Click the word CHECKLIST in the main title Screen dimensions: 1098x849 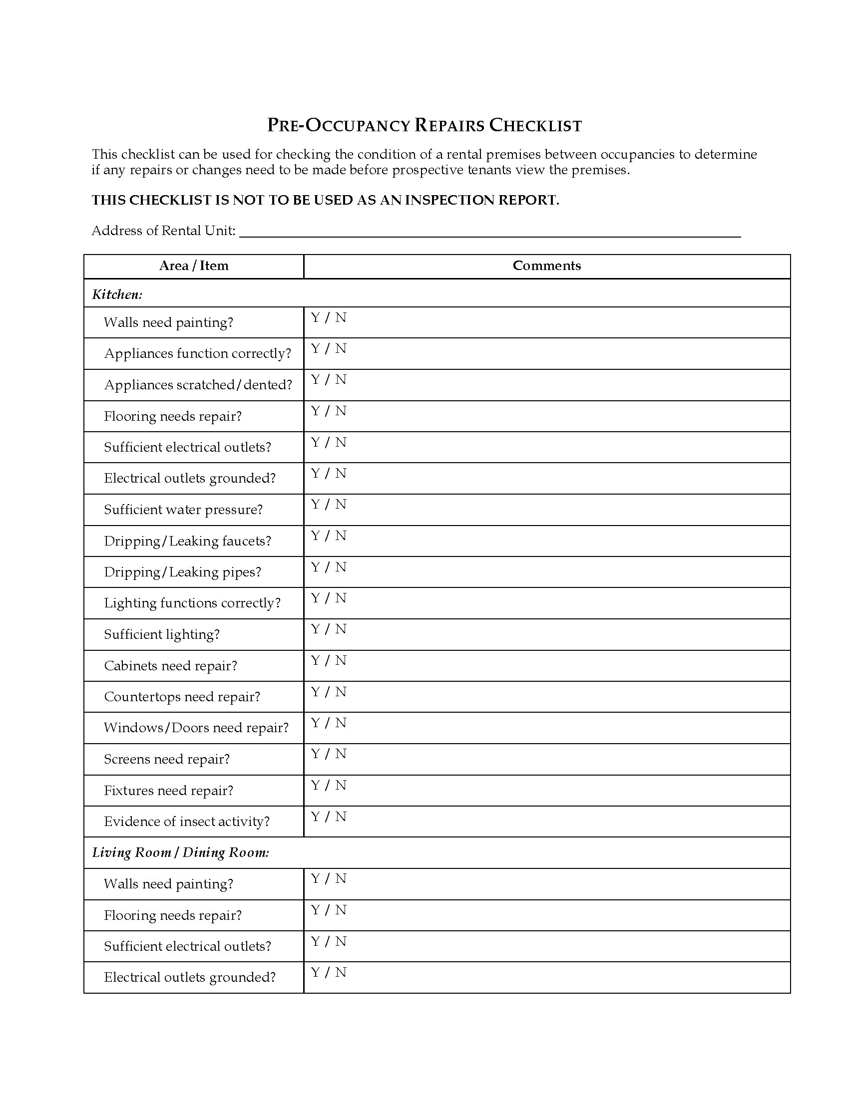(536, 125)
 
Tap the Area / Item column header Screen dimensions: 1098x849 (194, 266)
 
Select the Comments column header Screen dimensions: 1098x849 (547, 266)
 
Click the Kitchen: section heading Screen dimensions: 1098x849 (117, 294)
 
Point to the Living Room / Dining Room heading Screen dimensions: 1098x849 (181, 852)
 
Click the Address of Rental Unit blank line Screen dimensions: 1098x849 (490, 232)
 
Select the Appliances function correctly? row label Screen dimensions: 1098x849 (198, 353)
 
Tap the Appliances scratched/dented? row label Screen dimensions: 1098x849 (198, 385)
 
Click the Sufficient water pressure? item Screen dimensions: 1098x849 (183, 509)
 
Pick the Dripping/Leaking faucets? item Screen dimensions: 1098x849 (188, 541)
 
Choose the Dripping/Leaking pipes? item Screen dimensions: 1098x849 (183, 572)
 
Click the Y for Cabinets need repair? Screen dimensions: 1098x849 (315, 660)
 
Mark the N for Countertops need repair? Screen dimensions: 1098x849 (341, 692)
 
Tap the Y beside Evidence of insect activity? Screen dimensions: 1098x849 (315, 817)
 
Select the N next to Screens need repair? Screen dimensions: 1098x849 (341, 754)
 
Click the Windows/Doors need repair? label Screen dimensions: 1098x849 (196, 728)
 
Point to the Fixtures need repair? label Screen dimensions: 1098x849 (168, 791)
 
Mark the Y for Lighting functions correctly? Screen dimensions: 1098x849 (315, 598)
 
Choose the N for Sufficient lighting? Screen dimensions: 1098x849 (341, 629)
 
